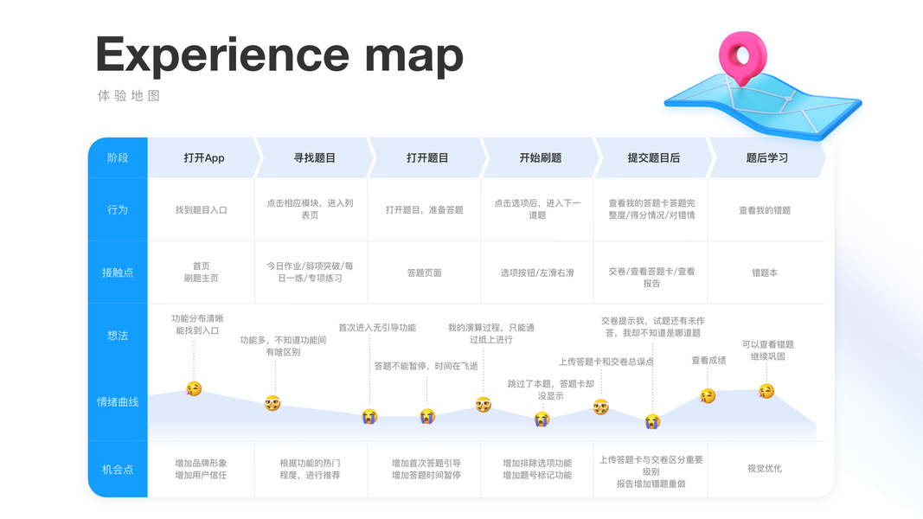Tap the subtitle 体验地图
click(129, 96)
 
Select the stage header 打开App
click(204, 157)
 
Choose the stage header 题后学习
click(766, 157)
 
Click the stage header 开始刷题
click(541, 157)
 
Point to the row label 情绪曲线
click(118, 401)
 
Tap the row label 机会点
click(118, 469)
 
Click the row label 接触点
click(118, 272)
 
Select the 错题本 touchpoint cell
click(765, 272)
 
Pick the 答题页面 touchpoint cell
click(424, 272)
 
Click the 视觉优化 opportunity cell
click(765, 469)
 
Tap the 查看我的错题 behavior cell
click(765, 210)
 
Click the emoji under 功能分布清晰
click(194, 389)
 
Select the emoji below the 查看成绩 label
click(708, 396)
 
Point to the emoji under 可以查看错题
click(766, 391)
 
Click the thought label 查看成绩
click(708, 361)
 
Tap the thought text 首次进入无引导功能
click(377, 328)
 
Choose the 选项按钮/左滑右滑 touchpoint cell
click(537, 272)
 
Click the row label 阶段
click(118, 157)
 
